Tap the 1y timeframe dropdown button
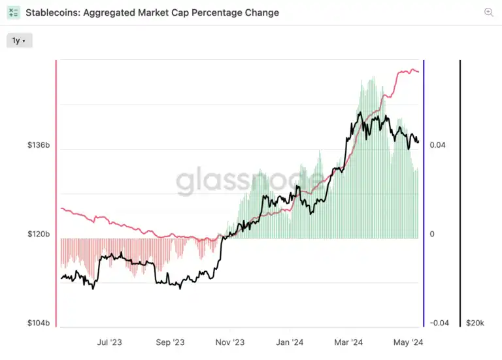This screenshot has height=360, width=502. coord(19,41)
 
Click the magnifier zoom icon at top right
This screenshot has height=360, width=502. coord(489,12)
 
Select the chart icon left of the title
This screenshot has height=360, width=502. coord(14,12)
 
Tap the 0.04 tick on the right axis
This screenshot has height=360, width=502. coord(438,145)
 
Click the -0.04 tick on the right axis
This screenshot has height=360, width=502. coord(439,323)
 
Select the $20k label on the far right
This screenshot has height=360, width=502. coord(475,323)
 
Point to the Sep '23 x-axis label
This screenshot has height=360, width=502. coord(171,342)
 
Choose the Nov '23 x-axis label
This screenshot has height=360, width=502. coord(229,342)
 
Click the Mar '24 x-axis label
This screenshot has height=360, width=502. coord(348,342)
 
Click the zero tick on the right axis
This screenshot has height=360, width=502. coord(432,234)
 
